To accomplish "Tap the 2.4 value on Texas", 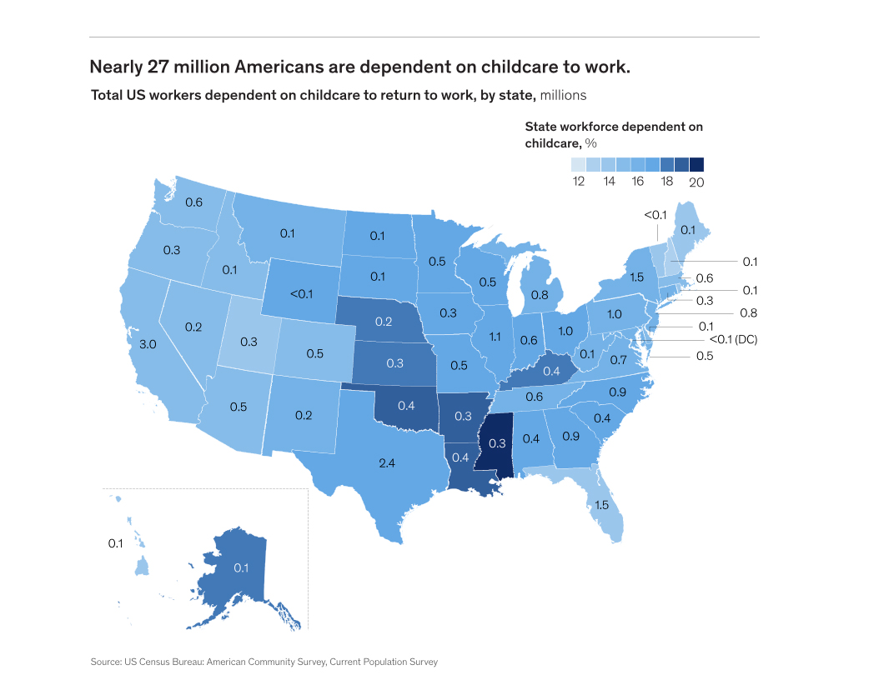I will (x=386, y=462).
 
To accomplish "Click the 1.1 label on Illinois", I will (x=494, y=337).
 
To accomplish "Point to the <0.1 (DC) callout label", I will (x=732, y=339).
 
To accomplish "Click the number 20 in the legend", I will (x=697, y=182).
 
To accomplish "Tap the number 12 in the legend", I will (x=578, y=182).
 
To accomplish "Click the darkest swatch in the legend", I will (x=697, y=164).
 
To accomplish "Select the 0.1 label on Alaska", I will (x=241, y=567).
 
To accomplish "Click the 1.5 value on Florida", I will (x=600, y=505).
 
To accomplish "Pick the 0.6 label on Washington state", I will (x=193, y=202).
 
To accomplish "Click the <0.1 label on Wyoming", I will (x=301, y=293).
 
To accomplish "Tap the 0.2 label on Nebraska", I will (x=384, y=322).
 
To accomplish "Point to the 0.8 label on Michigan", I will (x=540, y=294).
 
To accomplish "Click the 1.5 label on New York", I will (x=636, y=278).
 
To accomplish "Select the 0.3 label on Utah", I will (x=249, y=342).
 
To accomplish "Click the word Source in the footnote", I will (x=106, y=662).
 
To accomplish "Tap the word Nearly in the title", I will (x=118, y=66).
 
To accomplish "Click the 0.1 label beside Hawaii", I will (x=116, y=543).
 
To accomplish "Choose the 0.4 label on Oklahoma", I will (x=406, y=406).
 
